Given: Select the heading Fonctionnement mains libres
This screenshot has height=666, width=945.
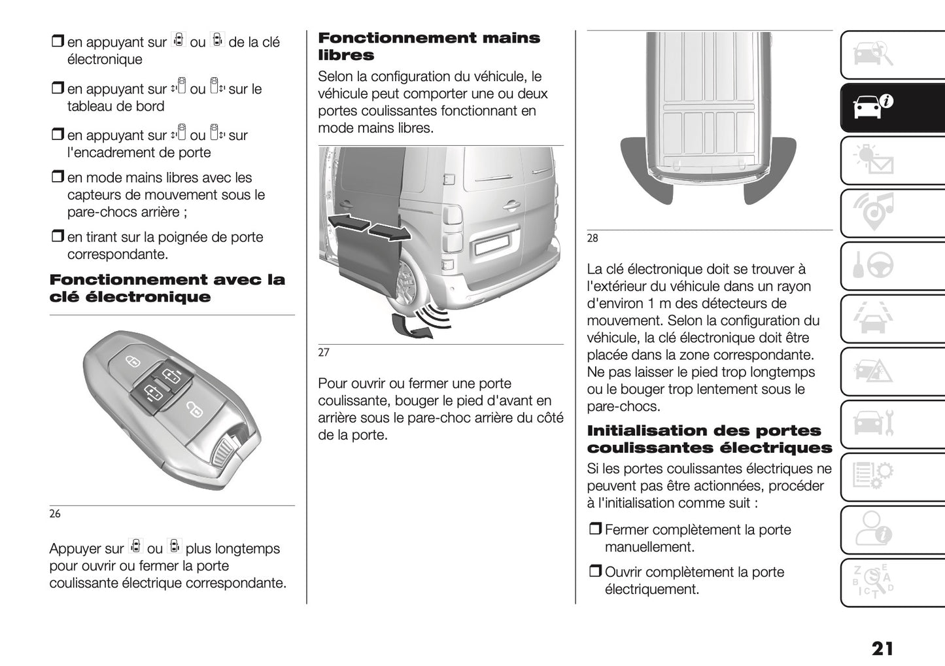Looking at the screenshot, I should pos(428,46).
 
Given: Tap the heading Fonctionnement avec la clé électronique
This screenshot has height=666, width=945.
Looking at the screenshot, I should pos(167,289).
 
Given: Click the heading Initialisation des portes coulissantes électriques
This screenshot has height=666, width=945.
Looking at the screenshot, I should pos(709,439).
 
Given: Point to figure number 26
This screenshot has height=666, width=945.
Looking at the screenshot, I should pos(55,514).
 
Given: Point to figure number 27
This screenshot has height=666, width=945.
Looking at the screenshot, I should pos(324,353).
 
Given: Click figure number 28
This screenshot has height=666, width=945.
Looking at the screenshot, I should pos(593,239).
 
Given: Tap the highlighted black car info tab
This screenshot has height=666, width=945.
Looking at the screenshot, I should pos(872,107).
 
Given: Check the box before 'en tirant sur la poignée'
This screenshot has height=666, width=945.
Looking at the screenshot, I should pos(57,237).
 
